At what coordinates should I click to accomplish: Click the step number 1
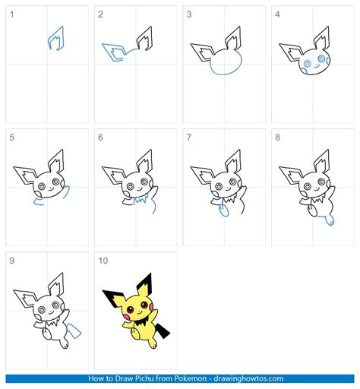click(11, 14)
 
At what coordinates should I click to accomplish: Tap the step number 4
click(277, 14)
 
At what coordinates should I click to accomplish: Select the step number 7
click(189, 138)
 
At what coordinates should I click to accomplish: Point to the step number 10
click(103, 261)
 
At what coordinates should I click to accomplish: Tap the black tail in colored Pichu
click(163, 330)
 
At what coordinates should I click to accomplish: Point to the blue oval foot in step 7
click(223, 210)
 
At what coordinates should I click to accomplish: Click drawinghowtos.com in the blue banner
click(248, 378)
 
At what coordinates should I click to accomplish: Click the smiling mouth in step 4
click(316, 66)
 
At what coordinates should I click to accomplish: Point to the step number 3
click(189, 14)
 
